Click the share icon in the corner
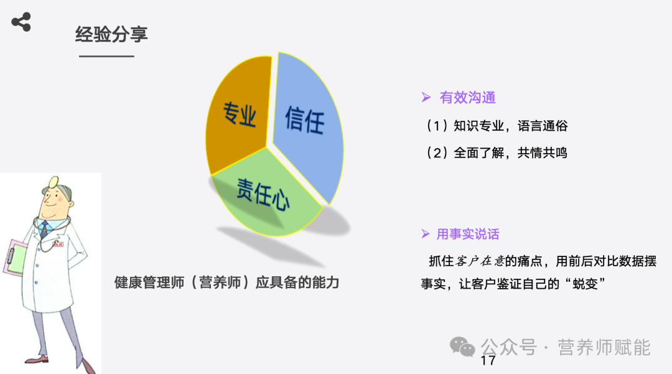pos(21,22)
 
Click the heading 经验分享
pos(111,34)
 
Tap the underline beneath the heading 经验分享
pos(106,57)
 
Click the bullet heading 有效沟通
pos(467,98)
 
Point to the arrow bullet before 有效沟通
pos(426,98)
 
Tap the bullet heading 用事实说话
pos(467,235)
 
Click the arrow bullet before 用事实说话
pos(426,235)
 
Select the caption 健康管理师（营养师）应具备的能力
pos(226,283)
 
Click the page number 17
pos(488,361)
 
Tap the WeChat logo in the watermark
pos(462,346)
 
